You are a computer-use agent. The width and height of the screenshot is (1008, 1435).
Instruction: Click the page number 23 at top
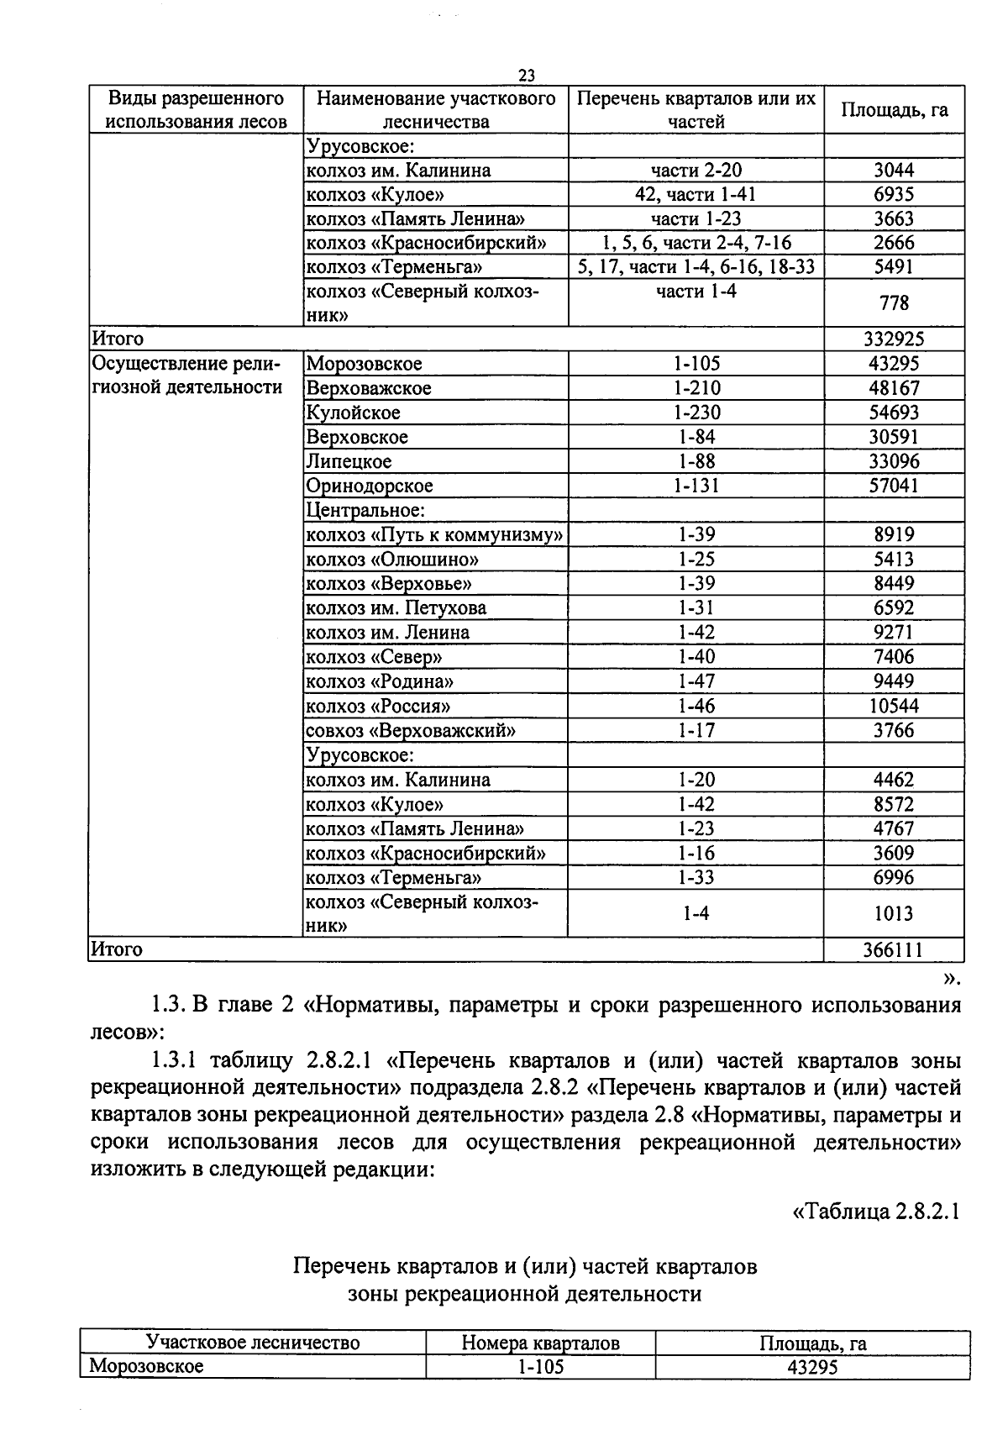[x=527, y=76]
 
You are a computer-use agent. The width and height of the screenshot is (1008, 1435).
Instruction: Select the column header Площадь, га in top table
[x=894, y=110]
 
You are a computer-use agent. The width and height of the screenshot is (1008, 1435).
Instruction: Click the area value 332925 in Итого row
[x=894, y=339]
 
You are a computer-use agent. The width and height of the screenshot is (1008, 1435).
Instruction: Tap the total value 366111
[x=893, y=949]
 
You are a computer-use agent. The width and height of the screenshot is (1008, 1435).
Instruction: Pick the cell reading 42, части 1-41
[x=696, y=195]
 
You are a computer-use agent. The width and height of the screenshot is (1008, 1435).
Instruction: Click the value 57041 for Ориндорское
[x=894, y=486]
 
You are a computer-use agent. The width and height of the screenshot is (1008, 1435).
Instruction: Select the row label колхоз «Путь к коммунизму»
[x=433, y=535]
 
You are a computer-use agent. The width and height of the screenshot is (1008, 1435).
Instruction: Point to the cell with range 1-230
[x=696, y=413]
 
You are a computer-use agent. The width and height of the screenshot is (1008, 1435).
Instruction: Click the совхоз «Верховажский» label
[x=410, y=731]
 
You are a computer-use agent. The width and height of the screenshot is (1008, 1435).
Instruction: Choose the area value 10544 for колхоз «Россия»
[x=894, y=707]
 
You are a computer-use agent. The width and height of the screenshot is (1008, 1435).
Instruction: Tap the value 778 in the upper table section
[x=894, y=303]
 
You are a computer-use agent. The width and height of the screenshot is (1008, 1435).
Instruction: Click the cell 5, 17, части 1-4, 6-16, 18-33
[x=696, y=267]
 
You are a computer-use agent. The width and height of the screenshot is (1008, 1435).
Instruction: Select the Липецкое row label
[x=349, y=461]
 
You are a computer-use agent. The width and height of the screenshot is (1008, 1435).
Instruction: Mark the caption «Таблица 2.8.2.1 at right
[x=876, y=1212]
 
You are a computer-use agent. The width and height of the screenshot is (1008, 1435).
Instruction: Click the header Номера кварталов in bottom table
[x=540, y=1343]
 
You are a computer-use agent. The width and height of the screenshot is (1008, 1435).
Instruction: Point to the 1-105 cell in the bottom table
[x=540, y=1367]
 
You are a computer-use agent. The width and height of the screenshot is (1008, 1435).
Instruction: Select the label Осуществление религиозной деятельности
[x=186, y=376]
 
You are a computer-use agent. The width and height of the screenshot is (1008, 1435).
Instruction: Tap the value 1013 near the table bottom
[x=894, y=914]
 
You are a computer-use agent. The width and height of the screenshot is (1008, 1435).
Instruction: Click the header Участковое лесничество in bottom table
[x=253, y=1343]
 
